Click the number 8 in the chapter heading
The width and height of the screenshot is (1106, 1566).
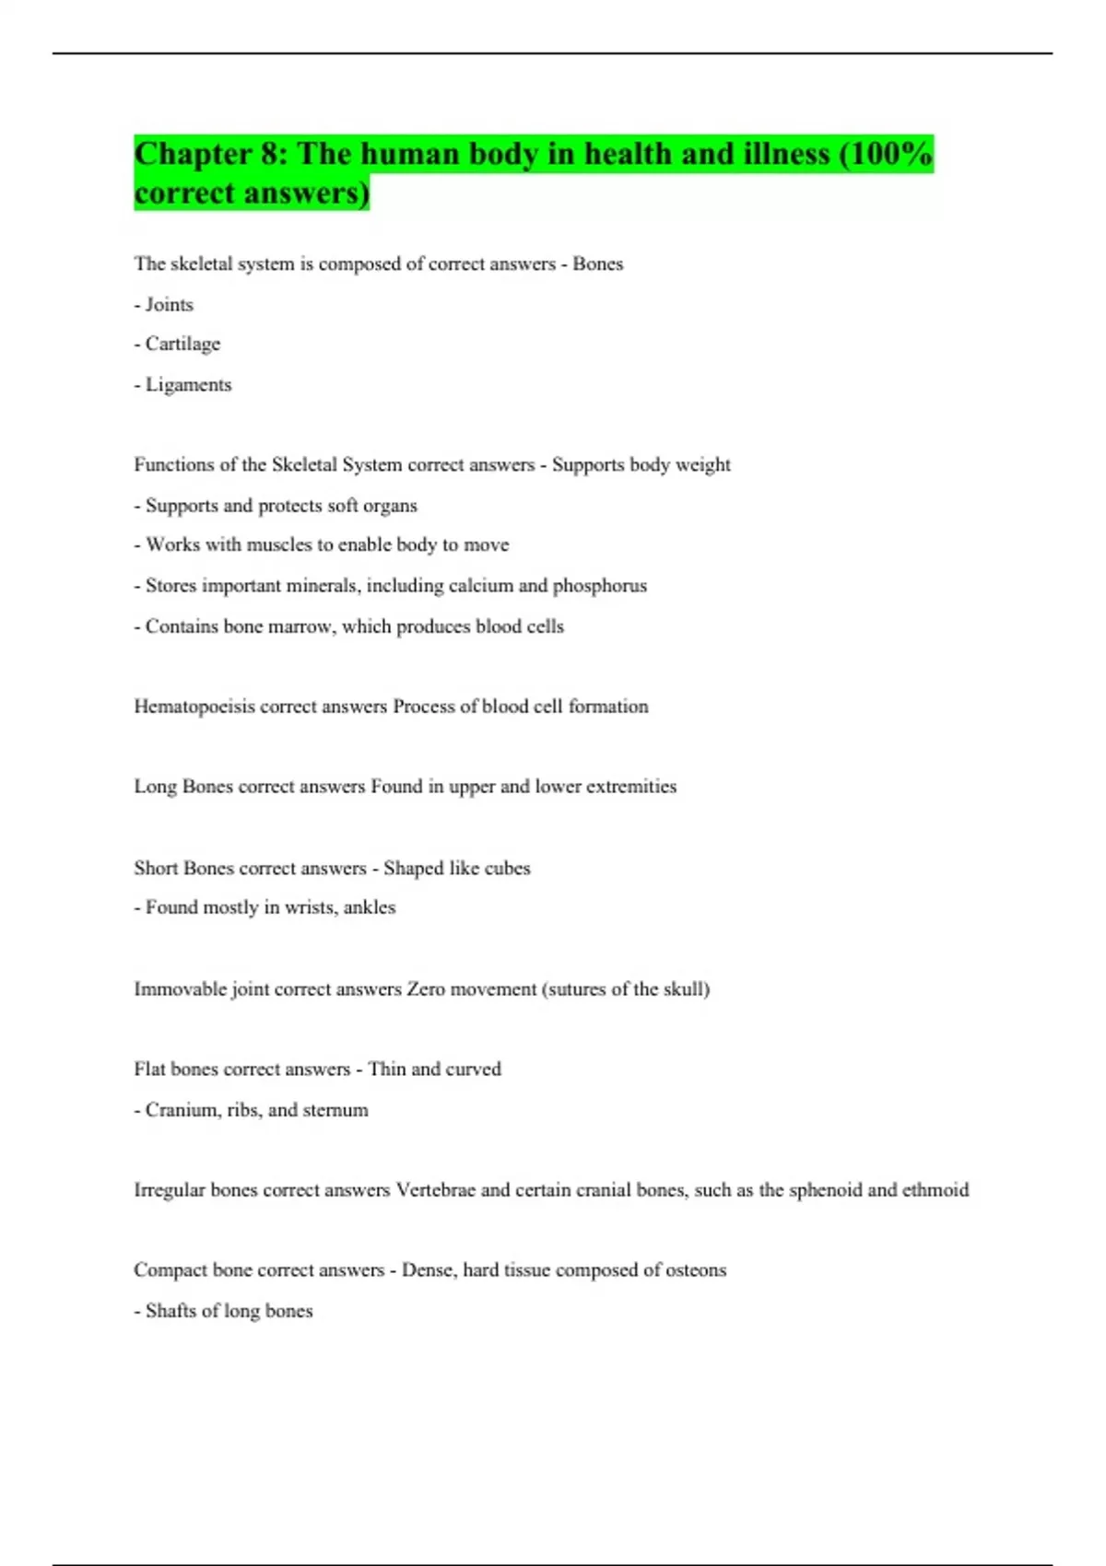(x=272, y=154)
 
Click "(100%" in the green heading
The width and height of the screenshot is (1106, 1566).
(x=886, y=154)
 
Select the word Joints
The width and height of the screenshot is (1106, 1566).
(x=170, y=305)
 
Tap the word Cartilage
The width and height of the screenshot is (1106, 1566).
(x=182, y=345)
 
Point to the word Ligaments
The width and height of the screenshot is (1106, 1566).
(x=188, y=385)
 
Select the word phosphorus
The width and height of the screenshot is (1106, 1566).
(x=600, y=586)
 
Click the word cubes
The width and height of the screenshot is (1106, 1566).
(x=507, y=868)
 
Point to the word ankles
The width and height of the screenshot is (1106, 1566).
(x=369, y=907)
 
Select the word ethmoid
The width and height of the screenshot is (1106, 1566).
(x=935, y=1190)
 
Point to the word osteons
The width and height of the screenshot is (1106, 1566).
(x=695, y=1270)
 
